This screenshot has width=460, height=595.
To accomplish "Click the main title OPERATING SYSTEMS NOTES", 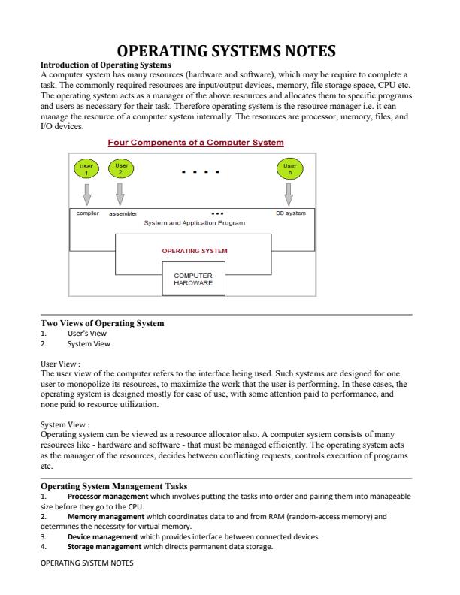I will pos(229,52).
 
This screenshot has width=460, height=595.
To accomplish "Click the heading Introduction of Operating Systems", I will pos(105,65).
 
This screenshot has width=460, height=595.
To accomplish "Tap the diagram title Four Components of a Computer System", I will pos(195,143).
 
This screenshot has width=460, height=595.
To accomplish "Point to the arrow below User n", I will pos(289,195).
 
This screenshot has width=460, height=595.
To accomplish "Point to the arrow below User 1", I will pos(86,195).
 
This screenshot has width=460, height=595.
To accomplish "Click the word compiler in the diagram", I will pos(89,213).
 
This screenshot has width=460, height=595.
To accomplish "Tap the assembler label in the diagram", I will pos(123,213).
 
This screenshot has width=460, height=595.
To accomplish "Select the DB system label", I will pos(291,213).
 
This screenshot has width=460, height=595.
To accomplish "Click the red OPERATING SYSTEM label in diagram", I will pos(195,251).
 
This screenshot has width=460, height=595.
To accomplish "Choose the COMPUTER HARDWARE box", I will pos(194,279).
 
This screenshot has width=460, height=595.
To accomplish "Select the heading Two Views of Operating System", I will pos(102,323).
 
